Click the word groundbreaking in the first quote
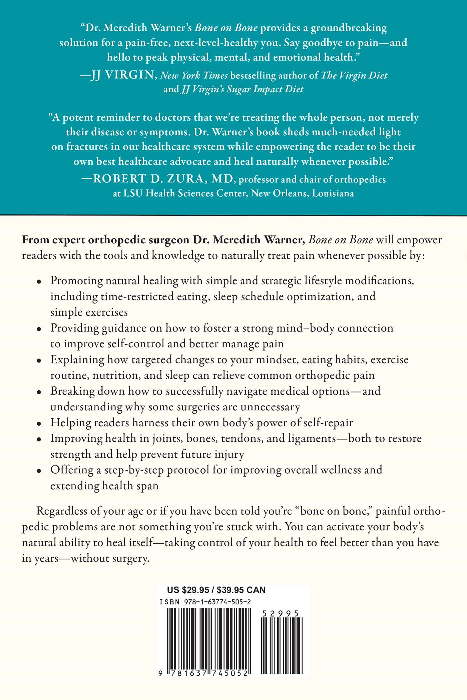point(349,28)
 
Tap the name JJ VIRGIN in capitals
point(122,75)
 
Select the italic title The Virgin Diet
point(354,75)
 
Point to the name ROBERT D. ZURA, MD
point(163,179)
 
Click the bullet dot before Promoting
point(39,281)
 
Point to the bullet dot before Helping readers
point(39,423)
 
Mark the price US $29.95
point(188,590)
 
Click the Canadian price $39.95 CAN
point(241,590)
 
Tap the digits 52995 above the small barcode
point(280,613)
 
